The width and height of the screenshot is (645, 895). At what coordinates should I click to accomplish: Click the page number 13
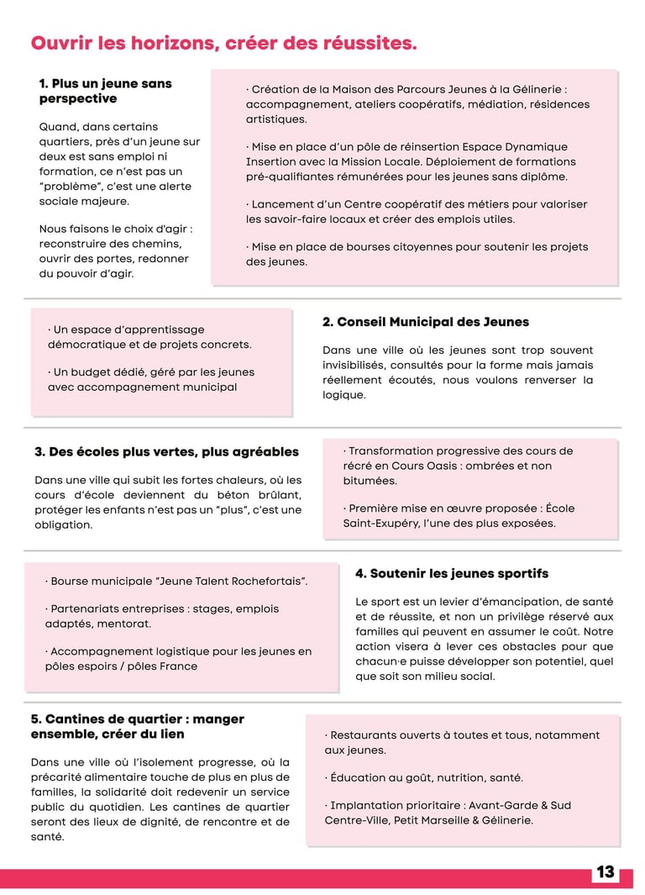tap(606, 872)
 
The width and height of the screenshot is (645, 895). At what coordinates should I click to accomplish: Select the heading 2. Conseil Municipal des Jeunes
tap(425, 322)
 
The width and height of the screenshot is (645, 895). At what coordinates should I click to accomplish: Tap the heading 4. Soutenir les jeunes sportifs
tap(452, 573)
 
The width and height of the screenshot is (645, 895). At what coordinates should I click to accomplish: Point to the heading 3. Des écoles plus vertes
tap(166, 452)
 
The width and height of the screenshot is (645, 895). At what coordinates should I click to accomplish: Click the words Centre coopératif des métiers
tap(432, 204)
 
